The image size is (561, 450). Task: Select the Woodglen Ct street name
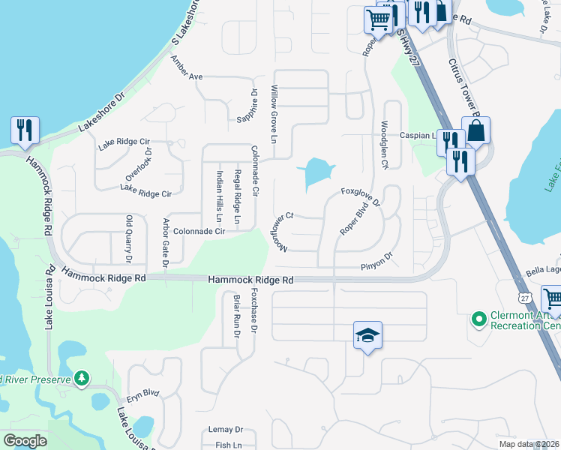point(385,144)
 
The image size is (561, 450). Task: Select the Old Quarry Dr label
point(128,240)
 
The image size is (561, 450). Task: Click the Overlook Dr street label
point(139,164)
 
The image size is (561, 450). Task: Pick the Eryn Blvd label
point(142,392)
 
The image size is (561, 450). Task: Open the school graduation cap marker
point(368,335)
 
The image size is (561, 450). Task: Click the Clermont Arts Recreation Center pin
point(479,320)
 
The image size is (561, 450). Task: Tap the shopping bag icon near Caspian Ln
point(475,130)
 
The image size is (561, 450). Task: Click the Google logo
point(25,441)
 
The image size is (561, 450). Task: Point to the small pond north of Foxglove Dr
point(316,172)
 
